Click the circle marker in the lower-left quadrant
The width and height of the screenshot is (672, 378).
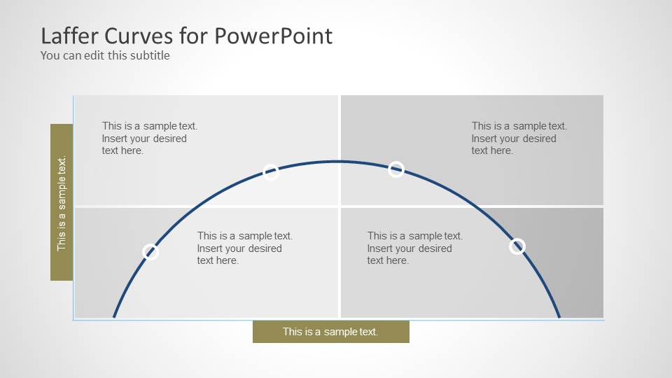(x=150, y=252)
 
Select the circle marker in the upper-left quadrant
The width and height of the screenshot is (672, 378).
(x=271, y=172)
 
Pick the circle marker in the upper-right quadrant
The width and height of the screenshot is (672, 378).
(x=396, y=169)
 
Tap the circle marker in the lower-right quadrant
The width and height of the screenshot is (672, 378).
(x=517, y=246)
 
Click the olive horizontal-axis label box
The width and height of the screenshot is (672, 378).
(x=330, y=332)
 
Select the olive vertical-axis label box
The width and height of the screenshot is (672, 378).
(x=62, y=202)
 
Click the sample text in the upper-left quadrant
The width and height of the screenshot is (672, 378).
(x=149, y=138)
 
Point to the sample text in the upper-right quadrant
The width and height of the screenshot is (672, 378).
(x=519, y=138)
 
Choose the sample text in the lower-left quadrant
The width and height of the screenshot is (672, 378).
(x=244, y=248)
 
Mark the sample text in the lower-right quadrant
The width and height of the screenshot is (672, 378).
(x=414, y=248)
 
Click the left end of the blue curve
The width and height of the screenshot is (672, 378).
(x=114, y=317)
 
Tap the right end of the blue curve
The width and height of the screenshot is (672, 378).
(x=559, y=317)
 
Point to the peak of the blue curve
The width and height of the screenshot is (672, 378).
(x=337, y=162)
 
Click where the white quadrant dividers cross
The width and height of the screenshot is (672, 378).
(x=339, y=206)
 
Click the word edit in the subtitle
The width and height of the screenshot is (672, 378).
(x=94, y=55)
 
